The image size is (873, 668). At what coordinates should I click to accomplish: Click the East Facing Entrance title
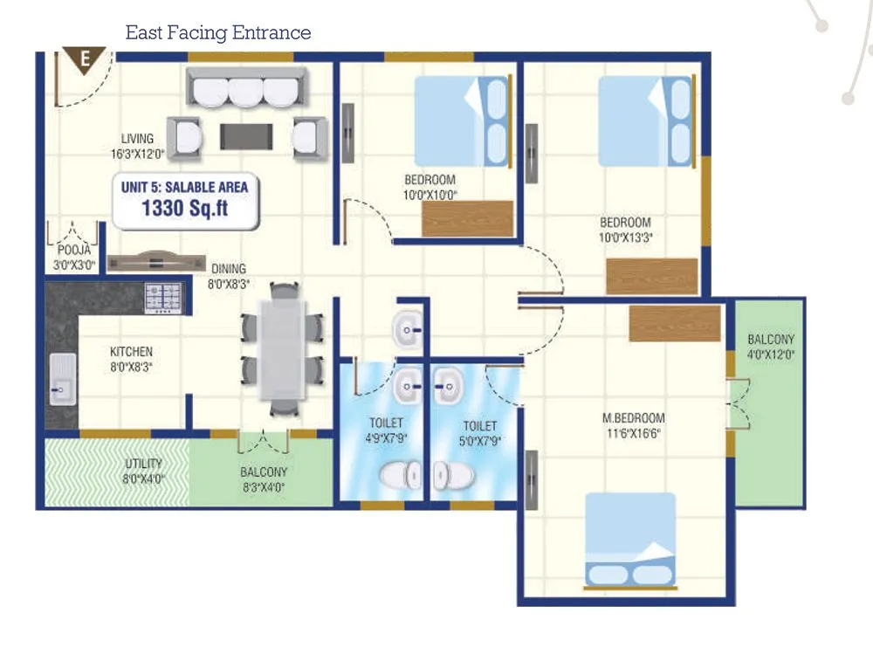point(218,33)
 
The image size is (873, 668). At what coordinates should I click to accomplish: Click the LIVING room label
point(138,139)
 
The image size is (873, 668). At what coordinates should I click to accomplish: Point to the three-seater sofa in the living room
point(245,88)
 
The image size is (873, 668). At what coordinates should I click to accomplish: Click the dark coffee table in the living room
point(247,136)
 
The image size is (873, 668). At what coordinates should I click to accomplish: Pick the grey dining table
point(281,348)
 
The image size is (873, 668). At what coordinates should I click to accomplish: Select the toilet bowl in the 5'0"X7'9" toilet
point(453,476)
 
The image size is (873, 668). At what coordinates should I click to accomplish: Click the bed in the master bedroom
point(629,541)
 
